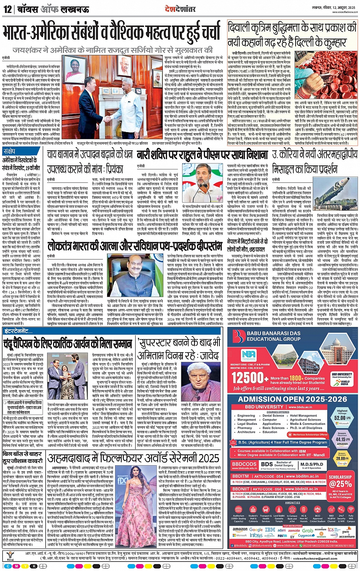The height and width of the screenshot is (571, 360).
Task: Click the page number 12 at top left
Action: [x=8, y=9]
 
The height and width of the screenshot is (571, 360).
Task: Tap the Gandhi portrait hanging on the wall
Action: [x=94, y=73]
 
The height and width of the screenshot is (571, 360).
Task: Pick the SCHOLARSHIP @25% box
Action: [x=340, y=482]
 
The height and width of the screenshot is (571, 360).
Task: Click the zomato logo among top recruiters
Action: [x=294, y=530]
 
